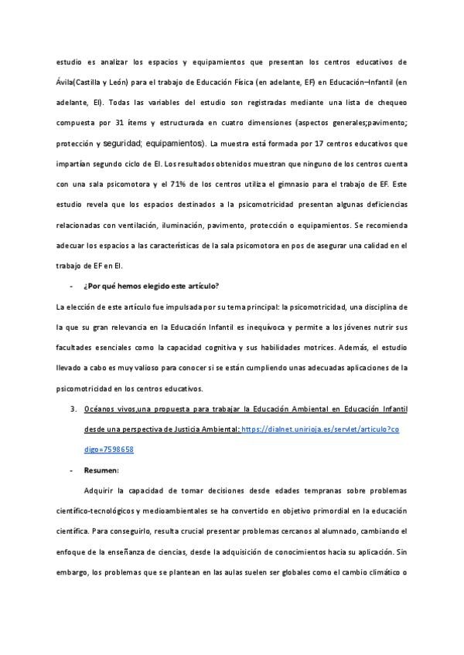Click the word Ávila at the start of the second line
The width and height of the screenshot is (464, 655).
pyautogui.click(x=67, y=82)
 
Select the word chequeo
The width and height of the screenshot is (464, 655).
pyautogui.click(x=392, y=102)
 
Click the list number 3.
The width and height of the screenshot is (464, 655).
pyautogui.click(x=73, y=409)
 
